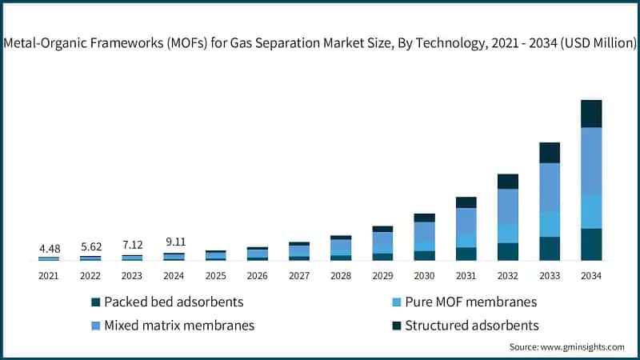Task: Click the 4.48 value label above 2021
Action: [49, 249]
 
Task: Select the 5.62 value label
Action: [90, 247]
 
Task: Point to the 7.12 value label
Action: [132, 246]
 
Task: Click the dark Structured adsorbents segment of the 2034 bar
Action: [591, 114]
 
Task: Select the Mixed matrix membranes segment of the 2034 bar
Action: [591, 161]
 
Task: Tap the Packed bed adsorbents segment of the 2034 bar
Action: [591, 244]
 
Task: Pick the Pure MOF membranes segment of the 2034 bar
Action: [591, 211]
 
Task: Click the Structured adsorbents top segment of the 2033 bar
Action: [550, 152]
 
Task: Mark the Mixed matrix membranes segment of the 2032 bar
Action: [508, 206]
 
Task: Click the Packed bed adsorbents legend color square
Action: [96, 302]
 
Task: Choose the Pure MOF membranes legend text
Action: [470, 302]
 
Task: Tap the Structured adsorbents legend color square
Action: [396, 326]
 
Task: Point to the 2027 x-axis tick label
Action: [299, 276]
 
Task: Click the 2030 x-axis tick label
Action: [424, 276]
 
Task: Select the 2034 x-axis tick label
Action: [591, 276]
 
